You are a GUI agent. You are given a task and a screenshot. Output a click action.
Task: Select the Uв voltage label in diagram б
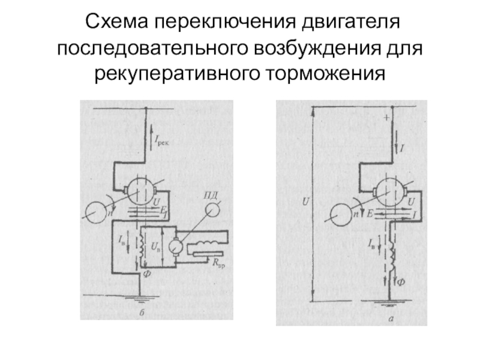[155, 247]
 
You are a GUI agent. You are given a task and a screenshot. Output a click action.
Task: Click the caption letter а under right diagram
[390, 319]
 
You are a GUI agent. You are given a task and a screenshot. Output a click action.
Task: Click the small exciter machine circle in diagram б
[176, 245]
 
